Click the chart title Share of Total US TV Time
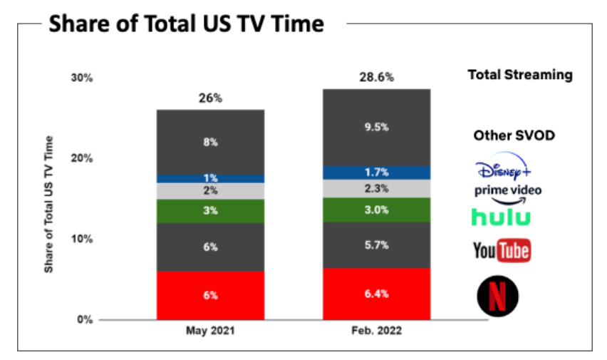(x=186, y=24)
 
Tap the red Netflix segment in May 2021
(x=210, y=295)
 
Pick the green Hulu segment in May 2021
(x=210, y=211)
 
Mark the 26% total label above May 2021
(x=210, y=98)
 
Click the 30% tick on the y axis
(x=81, y=78)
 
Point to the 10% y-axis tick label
(x=81, y=239)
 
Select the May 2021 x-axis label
(x=210, y=331)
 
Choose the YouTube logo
(x=502, y=250)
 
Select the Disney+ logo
(x=503, y=170)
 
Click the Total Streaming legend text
(x=519, y=75)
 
